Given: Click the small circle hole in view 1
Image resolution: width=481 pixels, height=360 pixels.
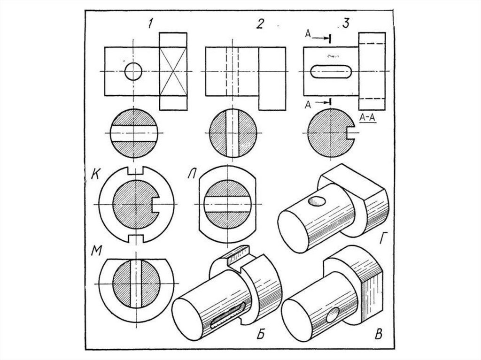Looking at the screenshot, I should (134, 72).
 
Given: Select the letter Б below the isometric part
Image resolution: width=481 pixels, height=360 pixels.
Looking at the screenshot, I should (262, 335).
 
